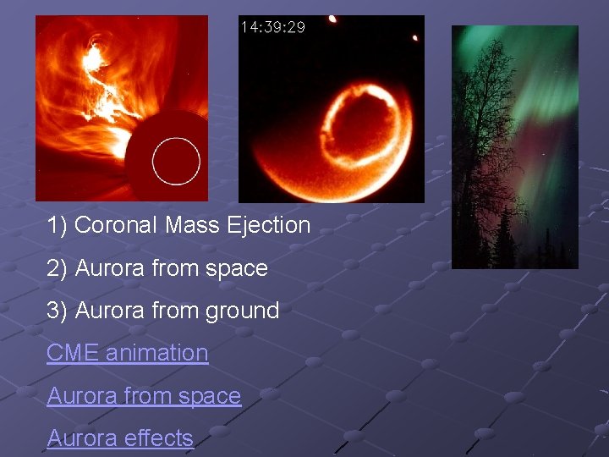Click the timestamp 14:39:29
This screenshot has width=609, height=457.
(x=273, y=27)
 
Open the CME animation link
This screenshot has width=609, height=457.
(x=127, y=353)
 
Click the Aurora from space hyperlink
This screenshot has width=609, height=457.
(x=144, y=396)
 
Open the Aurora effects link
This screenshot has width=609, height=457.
(x=120, y=438)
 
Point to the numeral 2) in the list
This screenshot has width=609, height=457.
(x=58, y=268)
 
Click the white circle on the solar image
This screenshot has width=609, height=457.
(x=176, y=160)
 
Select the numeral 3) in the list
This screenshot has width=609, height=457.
(x=58, y=311)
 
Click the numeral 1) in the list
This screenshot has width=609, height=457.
(x=58, y=225)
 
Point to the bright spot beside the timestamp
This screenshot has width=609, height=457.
(x=332, y=19)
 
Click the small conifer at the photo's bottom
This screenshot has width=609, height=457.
(x=505, y=241)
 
